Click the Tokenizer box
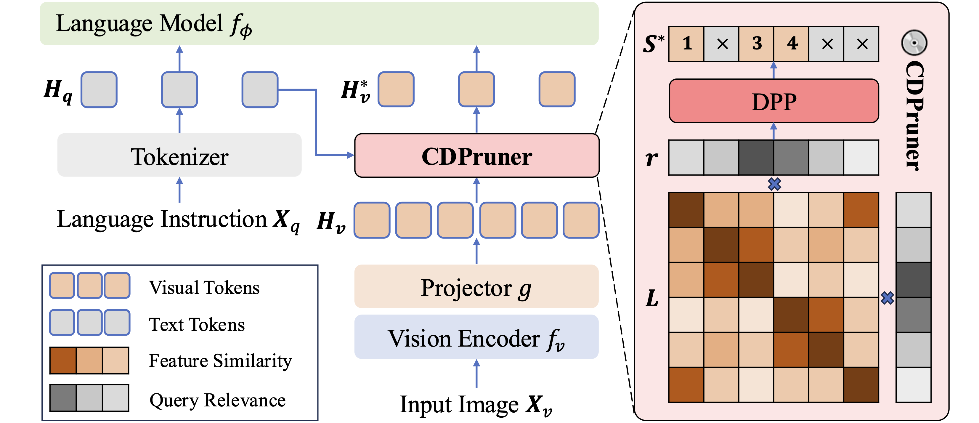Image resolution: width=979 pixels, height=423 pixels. [x=179, y=155]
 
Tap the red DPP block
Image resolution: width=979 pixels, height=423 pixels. [x=774, y=101]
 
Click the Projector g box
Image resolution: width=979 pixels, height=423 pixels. [x=476, y=286]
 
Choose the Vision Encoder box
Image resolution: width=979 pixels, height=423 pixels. [x=476, y=337]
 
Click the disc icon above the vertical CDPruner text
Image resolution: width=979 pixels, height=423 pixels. [x=914, y=43]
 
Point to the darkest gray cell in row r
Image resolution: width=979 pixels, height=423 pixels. [x=756, y=157]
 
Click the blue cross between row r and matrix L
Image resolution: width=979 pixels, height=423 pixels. [x=774, y=184]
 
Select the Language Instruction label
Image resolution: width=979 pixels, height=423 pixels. [x=178, y=220]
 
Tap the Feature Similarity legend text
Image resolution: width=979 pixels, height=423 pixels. [x=220, y=361]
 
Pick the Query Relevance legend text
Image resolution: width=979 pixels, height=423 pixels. [x=217, y=400]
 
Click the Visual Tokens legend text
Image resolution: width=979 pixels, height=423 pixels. [x=204, y=287]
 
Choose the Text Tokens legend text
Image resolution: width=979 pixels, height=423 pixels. [x=197, y=325]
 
